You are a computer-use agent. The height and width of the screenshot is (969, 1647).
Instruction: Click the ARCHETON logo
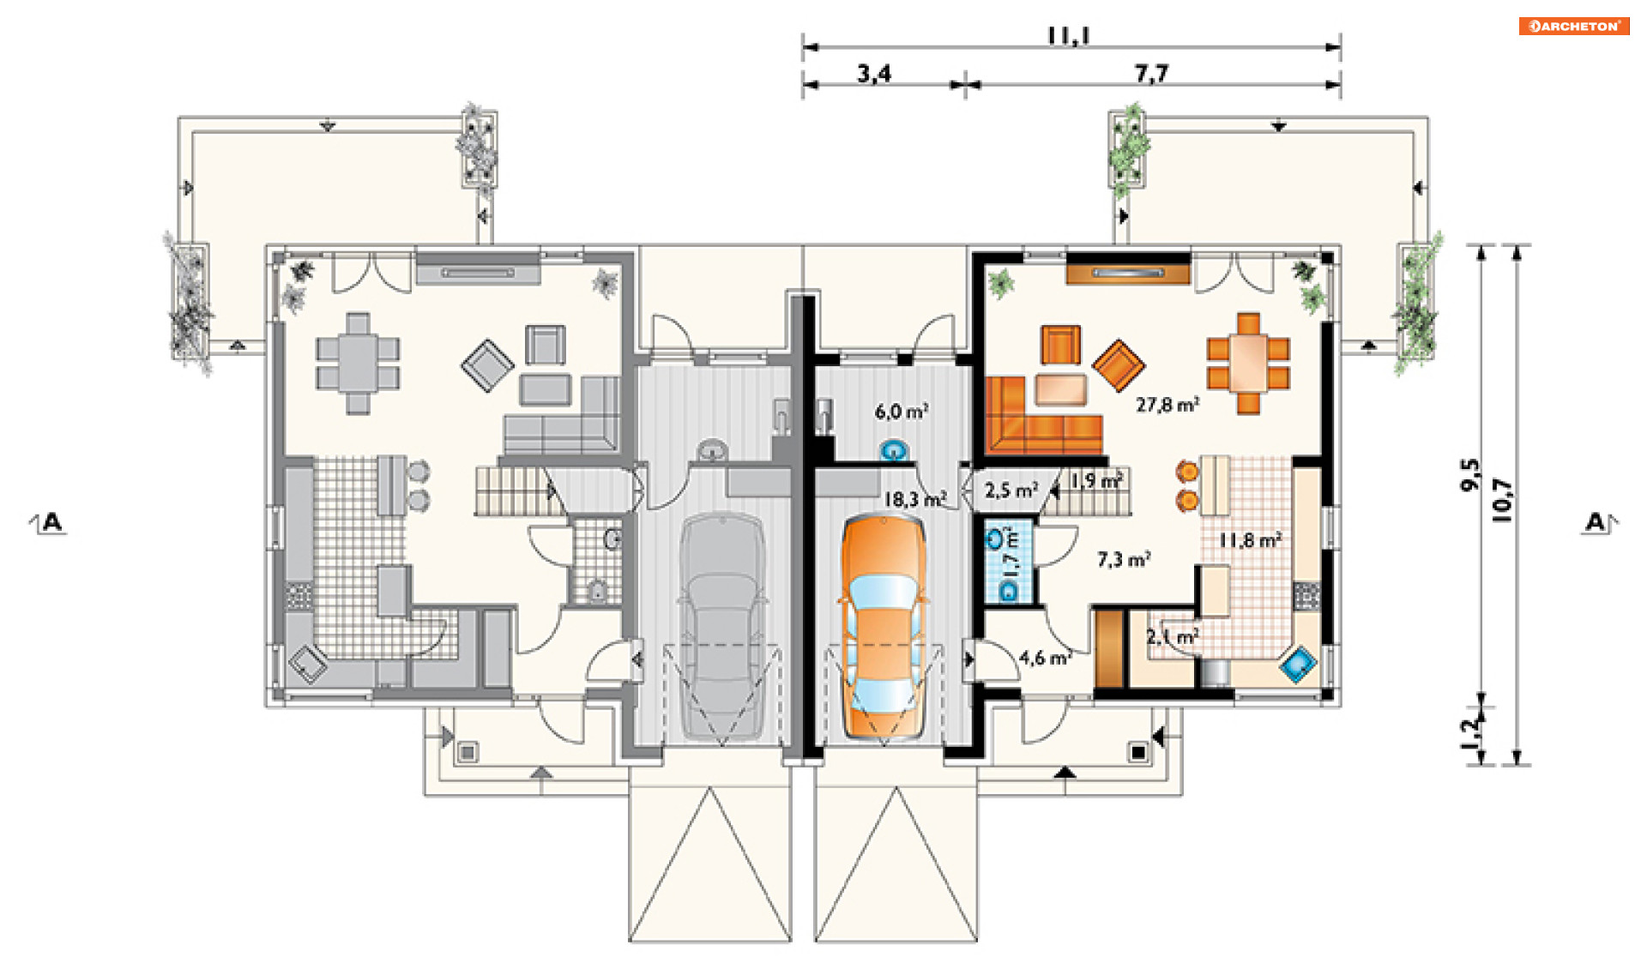point(1573,26)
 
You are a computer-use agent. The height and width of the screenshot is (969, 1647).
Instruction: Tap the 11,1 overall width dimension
point(1068,35)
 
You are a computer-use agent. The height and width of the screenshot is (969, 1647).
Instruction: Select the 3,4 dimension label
point(874,74)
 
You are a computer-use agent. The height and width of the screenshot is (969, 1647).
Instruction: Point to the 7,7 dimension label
point(1151,74)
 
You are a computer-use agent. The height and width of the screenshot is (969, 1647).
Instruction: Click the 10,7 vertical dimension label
point(1504,499)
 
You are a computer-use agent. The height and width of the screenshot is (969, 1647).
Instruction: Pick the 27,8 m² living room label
point(1167,404)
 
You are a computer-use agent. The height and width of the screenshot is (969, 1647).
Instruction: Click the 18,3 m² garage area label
point(915,498)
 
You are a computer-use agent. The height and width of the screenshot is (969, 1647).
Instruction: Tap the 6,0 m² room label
point(902,412)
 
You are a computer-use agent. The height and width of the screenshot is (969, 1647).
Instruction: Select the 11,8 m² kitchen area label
point(1251,540)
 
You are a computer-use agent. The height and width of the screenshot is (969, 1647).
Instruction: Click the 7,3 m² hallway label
point(1124,560)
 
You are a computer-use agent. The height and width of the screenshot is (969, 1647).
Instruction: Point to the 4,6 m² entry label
point(1046,658)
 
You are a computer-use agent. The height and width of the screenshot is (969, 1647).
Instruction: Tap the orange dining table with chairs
point(1248,363)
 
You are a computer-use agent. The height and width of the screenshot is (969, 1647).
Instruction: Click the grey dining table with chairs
point(358,363)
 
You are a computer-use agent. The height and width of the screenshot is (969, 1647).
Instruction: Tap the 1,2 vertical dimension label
point(1470,734)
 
